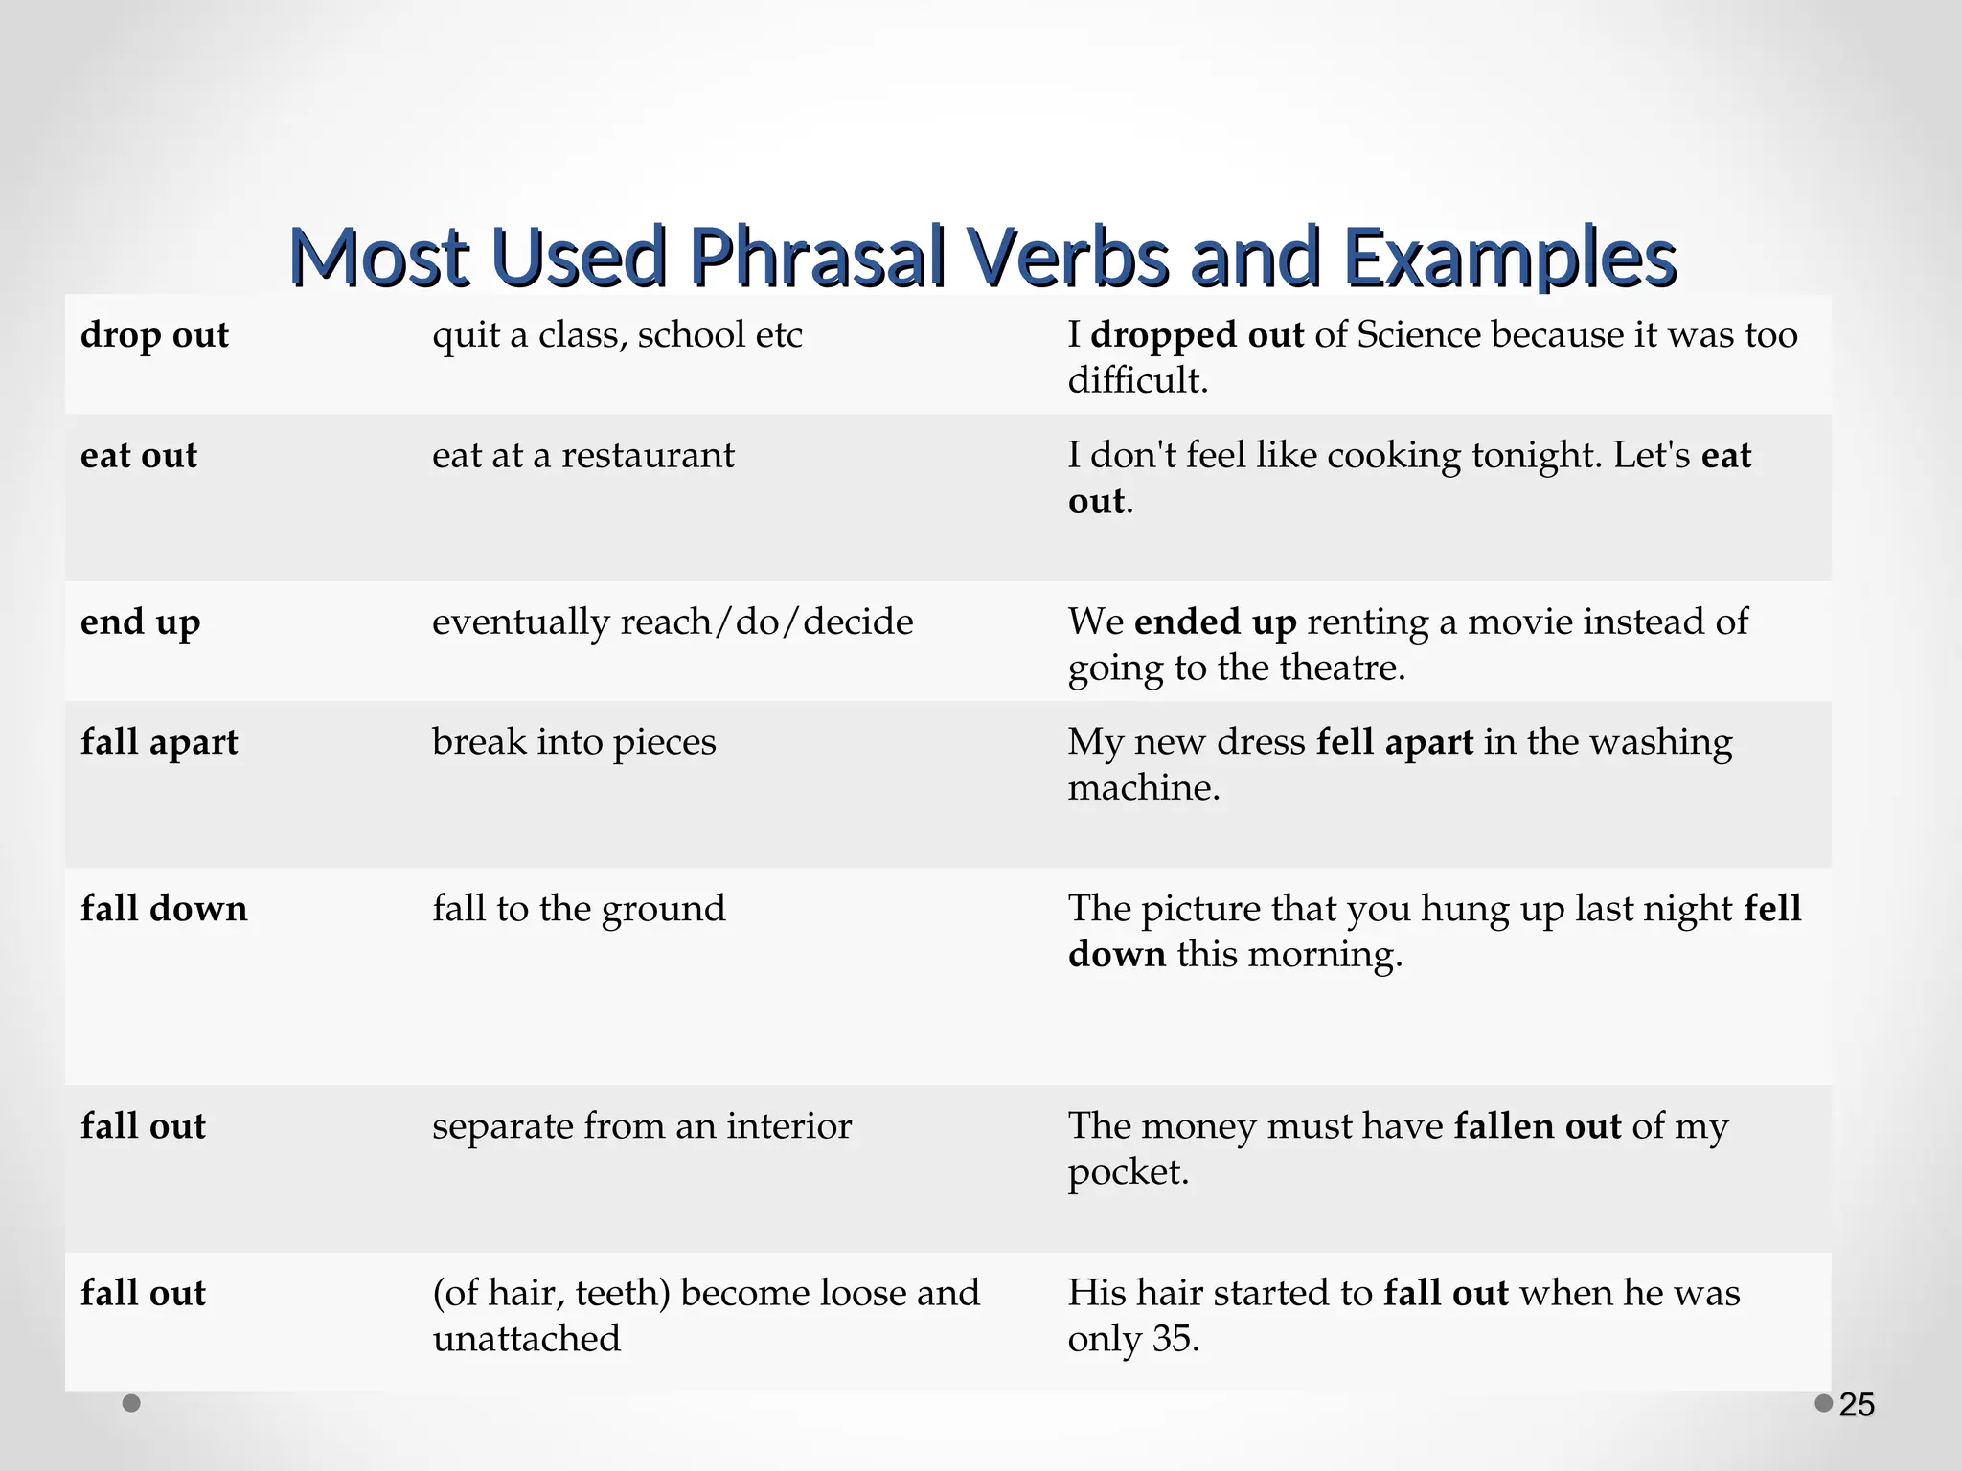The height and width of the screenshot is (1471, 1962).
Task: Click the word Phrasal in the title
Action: tap(818, 258)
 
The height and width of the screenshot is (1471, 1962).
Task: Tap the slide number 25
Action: tap(1857, 1405)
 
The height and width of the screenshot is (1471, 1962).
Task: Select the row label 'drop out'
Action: tap(155, 336)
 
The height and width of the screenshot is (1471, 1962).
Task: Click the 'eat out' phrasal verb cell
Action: tap(139, 456)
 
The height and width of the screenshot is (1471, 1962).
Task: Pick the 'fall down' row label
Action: tap(164, 909)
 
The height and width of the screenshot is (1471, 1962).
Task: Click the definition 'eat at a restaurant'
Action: tap(582, 456)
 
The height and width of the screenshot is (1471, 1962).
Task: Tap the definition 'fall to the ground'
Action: tap(579, 909)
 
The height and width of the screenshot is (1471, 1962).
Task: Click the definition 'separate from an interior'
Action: tap(642, 1126)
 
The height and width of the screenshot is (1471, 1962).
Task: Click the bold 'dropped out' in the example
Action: tap(1197, 336)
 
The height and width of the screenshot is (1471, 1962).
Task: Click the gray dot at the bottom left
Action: tap(132, 1403)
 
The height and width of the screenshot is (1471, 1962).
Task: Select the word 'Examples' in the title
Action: tap(1508, 258)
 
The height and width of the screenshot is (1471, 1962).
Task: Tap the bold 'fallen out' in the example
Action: tap(1538, 1126)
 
